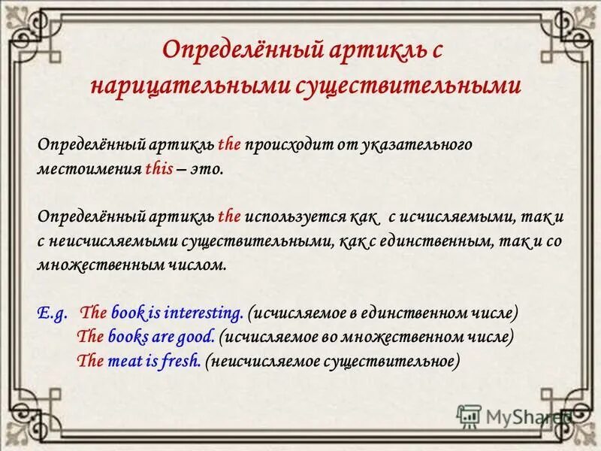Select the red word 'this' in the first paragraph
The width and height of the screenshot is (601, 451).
coord(159,169)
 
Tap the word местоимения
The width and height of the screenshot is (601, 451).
coord(89,169)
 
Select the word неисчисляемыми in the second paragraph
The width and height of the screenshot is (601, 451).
coord(105,241)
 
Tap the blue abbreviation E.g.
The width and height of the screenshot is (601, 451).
coord(52,312)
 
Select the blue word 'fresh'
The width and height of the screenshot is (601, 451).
coord(180,360)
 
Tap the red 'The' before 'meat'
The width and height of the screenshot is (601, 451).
coord(90,360)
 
